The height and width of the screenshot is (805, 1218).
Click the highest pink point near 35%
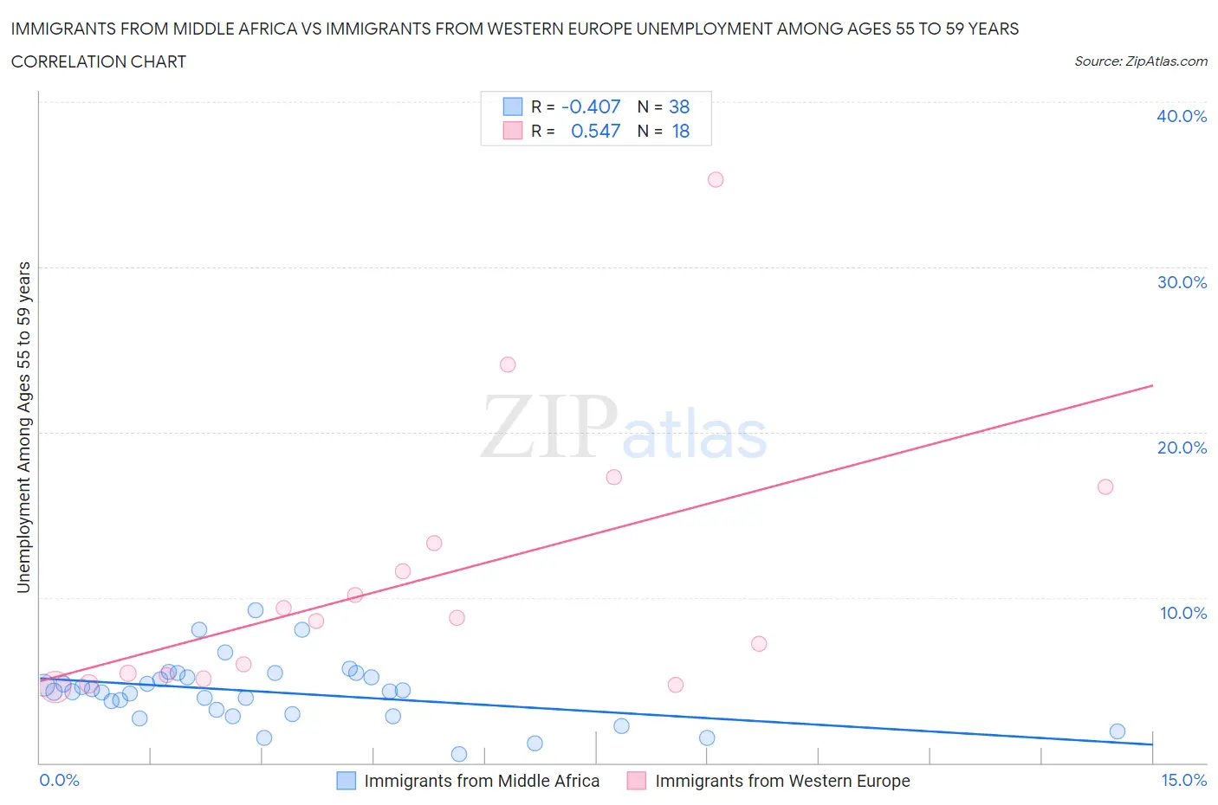click(x=716, y=180)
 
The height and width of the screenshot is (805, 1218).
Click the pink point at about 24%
click(x=508, y=364)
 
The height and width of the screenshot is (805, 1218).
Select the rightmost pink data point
click(x=1105, y=486)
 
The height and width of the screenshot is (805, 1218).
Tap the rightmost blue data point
click(x=1118, y=731)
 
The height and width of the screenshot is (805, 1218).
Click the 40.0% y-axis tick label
click(x=1182, y=116)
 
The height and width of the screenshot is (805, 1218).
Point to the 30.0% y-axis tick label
click(x=1182, y=282)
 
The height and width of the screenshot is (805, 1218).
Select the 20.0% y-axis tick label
click(x=1182, y=448)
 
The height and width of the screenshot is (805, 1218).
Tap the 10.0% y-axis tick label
click(x=1183, y=613)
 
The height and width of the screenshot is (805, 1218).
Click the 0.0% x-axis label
click(x=59, y=780)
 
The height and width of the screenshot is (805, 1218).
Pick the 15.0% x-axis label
click(x=1183, y=780)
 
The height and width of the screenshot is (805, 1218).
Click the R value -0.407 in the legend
click(x=591, y=106)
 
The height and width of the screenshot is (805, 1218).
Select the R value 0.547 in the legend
click(x=596, y=131)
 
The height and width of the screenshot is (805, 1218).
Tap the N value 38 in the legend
click(x=679, y=106)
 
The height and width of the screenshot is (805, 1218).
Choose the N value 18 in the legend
click(x=681, y=131)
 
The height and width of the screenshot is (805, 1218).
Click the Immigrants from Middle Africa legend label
click(x=482, y=781)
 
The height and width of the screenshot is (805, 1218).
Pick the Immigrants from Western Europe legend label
click(x=782, y=781)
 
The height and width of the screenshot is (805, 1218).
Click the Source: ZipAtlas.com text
click(x=1140, y=61)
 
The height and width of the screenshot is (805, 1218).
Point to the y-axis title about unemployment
click(x=23, y=427)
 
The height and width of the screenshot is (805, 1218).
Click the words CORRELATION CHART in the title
click(x=99, y=61)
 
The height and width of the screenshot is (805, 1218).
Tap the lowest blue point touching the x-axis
click(x=459, y=754)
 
